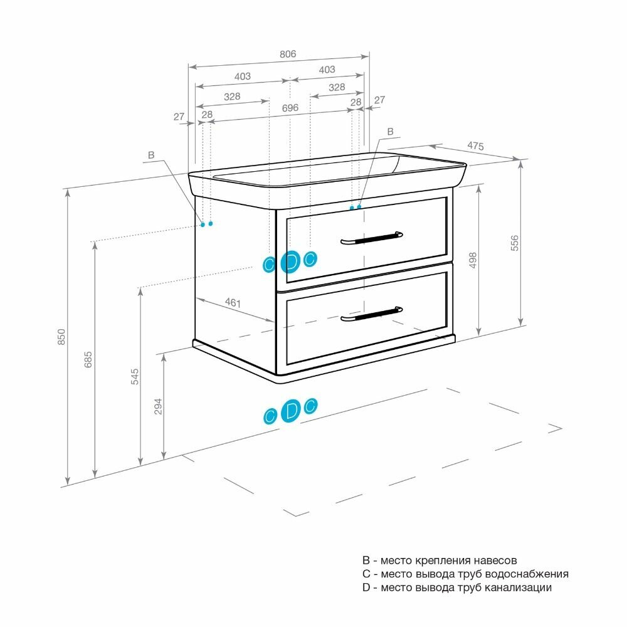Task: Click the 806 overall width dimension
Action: tap(287, 54)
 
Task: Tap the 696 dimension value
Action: tap(290, 108)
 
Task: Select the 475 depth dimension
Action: tap(475, 147)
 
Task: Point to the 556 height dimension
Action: tap(515, 243)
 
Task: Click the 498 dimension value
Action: tap(473, 260)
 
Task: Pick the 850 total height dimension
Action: tap(61, 338)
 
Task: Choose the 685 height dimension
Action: tap(88, 359)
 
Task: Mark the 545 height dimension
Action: tap(134, 376)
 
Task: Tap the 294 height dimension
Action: tap(158, 406)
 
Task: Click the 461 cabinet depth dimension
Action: tap(233, 303)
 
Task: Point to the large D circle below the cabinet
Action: tap(290, 411)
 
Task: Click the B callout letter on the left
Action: tap(150, 155)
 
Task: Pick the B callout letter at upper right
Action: tap(390, 132)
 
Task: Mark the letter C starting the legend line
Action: tap(366, 574)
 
